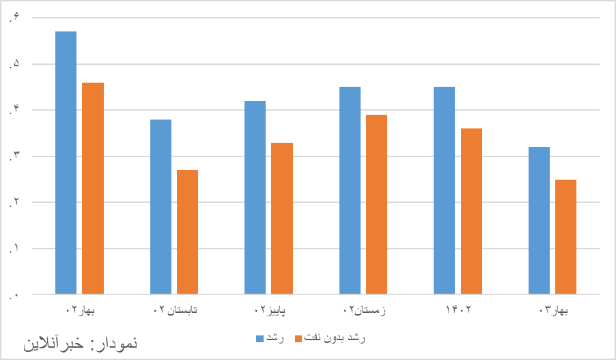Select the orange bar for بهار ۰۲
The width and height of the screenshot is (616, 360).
(x=93, y=189)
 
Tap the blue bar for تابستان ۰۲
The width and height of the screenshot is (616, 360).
(x=160, y=207)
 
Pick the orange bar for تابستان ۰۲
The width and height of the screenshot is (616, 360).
(x=187, y=232)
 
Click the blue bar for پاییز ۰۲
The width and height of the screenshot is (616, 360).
(x=255, y=197)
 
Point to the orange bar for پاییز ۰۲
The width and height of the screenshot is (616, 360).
(x=282, y=219)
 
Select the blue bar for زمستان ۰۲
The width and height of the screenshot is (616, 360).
(x=350, y=191)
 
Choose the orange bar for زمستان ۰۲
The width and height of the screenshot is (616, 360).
(x=376, y=204)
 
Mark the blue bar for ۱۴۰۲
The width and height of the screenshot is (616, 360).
(x=444, y=191)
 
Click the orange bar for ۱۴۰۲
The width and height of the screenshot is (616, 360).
(x=471, y=211)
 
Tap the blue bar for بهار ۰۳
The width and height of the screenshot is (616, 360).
(x=539, y=221)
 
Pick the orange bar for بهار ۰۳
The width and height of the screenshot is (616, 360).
(x=565, y=237)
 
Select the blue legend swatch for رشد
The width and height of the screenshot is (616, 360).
(x=260, y=338)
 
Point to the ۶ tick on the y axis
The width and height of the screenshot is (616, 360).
(x=14, y=18)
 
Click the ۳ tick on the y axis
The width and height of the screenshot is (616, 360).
(x=14, y=156)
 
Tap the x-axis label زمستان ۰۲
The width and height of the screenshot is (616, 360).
(x=364, y=311)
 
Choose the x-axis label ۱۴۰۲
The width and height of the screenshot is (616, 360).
(x=458, y=311)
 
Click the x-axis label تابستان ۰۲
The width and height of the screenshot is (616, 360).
(x=175, y=311)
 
